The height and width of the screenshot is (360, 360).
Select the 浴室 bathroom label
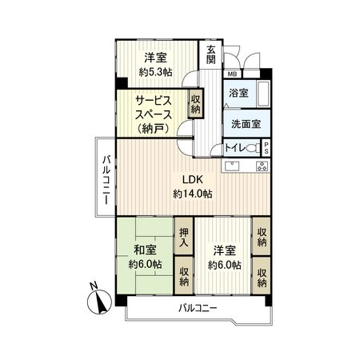(x=239, y=93)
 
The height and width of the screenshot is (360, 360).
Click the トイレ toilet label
(x=236, y=149)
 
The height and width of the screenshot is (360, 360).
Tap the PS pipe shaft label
(x=266, y=149)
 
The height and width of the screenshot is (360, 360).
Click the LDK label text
(x=191, y=179)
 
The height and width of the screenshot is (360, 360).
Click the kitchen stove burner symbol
(x=261, y=166)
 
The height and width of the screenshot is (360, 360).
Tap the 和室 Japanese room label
(x=145, y=247)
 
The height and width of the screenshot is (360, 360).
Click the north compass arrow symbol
(x=99, y=300)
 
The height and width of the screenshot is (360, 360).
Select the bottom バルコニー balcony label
(x=197, y=309)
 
